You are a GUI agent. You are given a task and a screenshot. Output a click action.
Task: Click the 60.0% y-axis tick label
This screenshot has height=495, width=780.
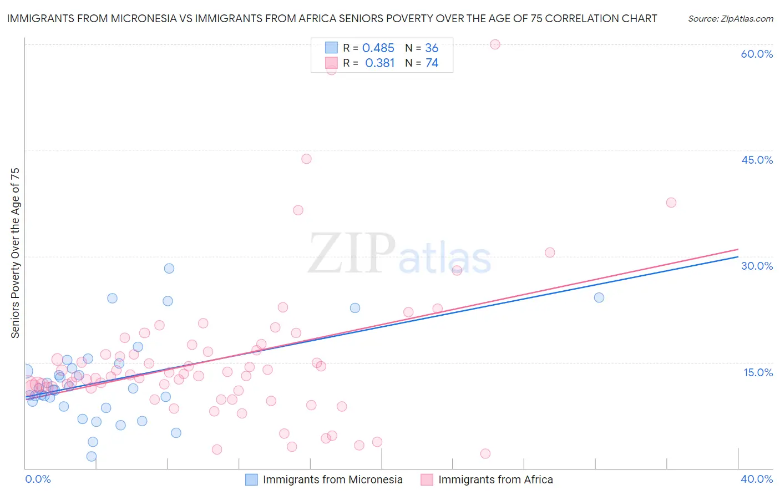757,54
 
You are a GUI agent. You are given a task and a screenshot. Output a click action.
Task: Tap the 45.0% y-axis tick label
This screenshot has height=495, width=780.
757,160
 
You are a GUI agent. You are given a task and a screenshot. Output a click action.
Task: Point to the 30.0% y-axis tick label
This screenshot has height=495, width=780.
757,266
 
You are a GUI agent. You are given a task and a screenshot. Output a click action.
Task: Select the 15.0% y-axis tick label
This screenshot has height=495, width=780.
758,372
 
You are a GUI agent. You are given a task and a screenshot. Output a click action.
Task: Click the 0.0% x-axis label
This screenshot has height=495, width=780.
38,479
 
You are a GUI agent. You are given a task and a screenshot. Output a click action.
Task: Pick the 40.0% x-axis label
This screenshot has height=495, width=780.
756,479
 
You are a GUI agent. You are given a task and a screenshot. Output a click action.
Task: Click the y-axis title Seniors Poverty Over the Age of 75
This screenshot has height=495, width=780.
15,253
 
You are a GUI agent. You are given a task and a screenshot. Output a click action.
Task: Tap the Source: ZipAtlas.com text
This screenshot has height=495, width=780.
730,18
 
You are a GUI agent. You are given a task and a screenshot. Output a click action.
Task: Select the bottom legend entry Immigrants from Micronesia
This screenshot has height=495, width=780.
332,479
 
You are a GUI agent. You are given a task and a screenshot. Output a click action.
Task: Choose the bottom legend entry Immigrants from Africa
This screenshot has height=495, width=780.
495,479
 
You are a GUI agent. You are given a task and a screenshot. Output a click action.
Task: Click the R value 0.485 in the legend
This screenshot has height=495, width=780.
378,48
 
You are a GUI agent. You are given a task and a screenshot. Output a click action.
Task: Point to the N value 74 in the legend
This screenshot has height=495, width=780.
432,63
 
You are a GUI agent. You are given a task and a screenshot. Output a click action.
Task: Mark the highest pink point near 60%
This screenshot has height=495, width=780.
495,44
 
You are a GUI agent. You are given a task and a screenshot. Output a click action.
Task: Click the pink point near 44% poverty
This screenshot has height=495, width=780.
306,159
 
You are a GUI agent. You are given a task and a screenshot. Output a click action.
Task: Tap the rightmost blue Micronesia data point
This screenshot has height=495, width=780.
599,297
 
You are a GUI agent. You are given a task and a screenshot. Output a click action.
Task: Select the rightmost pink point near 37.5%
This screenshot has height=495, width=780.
671,203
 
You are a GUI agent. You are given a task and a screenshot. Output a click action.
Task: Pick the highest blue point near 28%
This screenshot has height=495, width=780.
169,268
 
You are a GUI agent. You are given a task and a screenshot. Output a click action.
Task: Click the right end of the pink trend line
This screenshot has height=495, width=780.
738,249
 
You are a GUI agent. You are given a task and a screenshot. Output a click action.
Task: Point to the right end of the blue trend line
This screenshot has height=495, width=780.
738,256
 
